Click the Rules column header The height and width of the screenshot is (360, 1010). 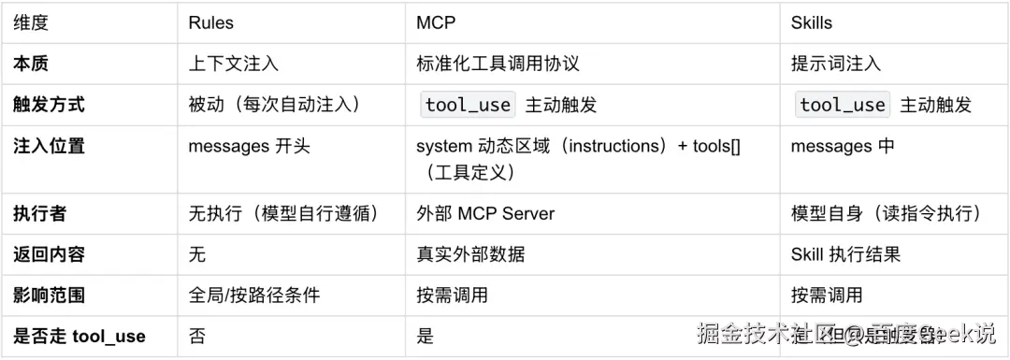point(211,22)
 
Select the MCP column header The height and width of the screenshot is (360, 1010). point(436,22)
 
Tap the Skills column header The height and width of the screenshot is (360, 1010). point(812,22)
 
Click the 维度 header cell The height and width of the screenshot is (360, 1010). point(31,22)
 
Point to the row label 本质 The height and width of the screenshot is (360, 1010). point(31,64)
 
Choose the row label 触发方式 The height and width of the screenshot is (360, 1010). point(49,105)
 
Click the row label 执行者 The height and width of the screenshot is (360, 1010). point(39,213)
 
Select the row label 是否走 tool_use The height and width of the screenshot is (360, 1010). point(79,336)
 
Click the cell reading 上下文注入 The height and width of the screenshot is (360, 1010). point(234,64)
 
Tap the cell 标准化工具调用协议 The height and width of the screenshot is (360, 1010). point(498,64)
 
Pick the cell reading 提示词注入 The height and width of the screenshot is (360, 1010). point(836,64)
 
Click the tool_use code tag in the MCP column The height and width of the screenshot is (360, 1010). point(468,105)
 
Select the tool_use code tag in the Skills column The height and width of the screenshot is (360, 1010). point(843,105)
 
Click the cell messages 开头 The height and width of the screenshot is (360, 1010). point(249,146)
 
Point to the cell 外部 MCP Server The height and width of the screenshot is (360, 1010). point(485,213)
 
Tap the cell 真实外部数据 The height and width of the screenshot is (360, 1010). point(470,254)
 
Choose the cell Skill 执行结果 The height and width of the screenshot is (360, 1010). point(845,254)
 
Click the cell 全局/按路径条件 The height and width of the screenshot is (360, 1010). point(254,295)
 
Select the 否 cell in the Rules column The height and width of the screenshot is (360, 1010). point(197,336)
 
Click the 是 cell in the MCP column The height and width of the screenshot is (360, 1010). point(426,336)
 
